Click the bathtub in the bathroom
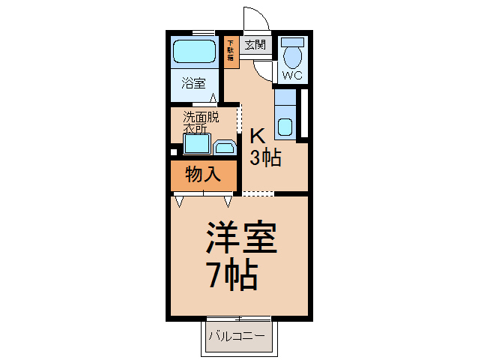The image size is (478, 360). pyautogui.click(x=195, y=51)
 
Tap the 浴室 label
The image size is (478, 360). pyautogui.click(x=194, y=82)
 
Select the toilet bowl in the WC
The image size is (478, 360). pyautogui.click(x=292, y=55)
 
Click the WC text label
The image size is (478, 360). pyautogui.click(x=292, y=76)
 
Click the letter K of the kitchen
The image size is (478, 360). pyautogui.click(x=258, y=136)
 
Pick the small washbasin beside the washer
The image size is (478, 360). pyautogui.click(x=223, y=146)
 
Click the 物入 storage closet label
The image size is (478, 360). pyautogui.click(x=202, y=175)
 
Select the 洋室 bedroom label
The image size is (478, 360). pyautogui.click(x=241, y=239)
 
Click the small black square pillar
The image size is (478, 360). pyautogui.click(x=174, y=152)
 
